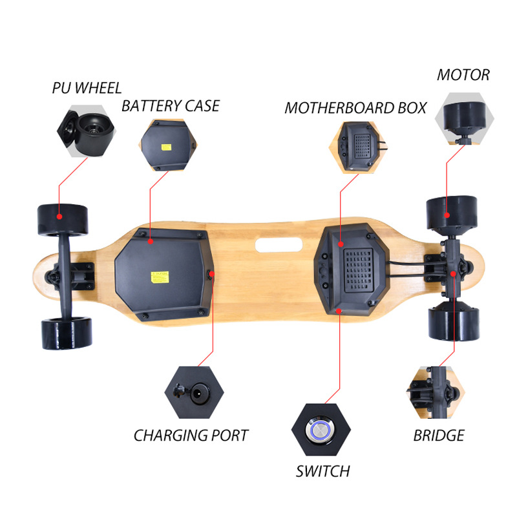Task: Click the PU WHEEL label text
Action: (87, 88)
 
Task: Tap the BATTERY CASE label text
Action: (171, 106)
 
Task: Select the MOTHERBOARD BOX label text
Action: (355, 107)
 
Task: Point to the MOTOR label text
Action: (463, 75)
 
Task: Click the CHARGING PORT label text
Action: (191, 436)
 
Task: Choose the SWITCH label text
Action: (322, 470)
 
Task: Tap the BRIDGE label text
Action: (439, 436)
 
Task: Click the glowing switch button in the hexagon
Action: (321, 429)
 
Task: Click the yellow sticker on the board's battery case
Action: (157, 279)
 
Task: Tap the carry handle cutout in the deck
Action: (278, 244)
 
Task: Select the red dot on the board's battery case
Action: (150, 242)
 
